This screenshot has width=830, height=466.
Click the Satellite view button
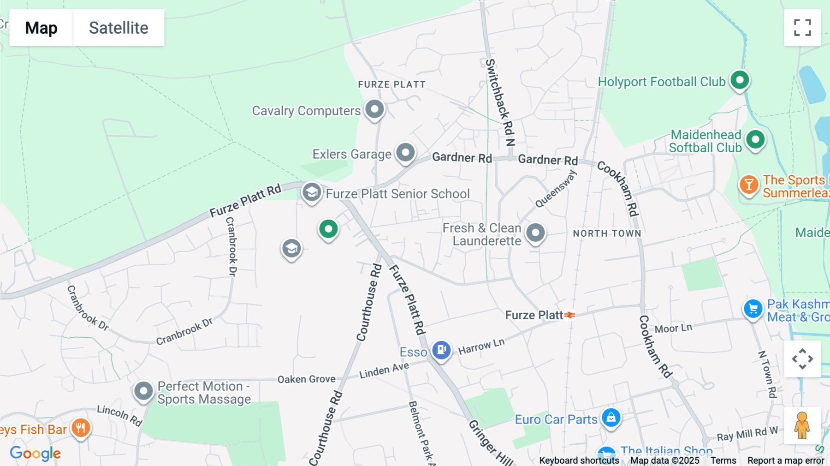coord(119,28)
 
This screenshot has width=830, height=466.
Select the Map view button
coord(41,28)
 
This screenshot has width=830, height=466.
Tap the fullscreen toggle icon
coord(802,28)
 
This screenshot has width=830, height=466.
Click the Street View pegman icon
coord(802,425)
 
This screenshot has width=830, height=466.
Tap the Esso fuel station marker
coord(441,350)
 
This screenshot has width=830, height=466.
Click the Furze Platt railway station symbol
coord(570,315)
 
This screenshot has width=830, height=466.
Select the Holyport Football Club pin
coord(740,80)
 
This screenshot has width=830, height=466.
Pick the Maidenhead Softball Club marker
coord(755,139)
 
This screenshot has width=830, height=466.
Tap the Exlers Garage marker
coord(406,152)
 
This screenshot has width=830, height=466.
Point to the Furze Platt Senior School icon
coord(312,192)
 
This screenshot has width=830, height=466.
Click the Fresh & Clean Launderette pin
coord(535,233)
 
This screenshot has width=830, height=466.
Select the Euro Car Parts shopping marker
coord(611,418)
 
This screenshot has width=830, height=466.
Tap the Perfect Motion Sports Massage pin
coord(143,391)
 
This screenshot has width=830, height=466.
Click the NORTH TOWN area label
coord(607,233)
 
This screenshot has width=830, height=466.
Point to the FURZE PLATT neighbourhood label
coord(391,84)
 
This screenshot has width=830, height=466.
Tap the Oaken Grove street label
coord(306,379)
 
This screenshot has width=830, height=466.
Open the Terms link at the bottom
coord(723,460)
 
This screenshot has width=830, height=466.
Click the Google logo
coord(35,454)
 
